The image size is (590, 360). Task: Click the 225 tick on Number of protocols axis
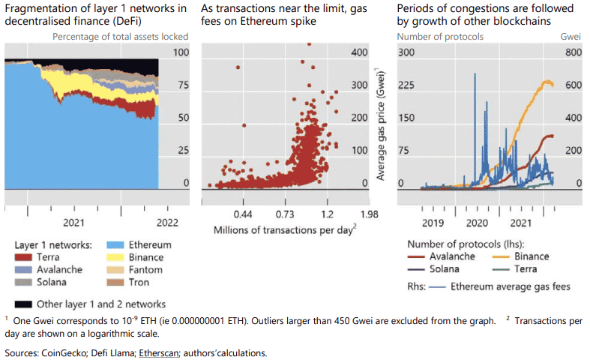point(406,85)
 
